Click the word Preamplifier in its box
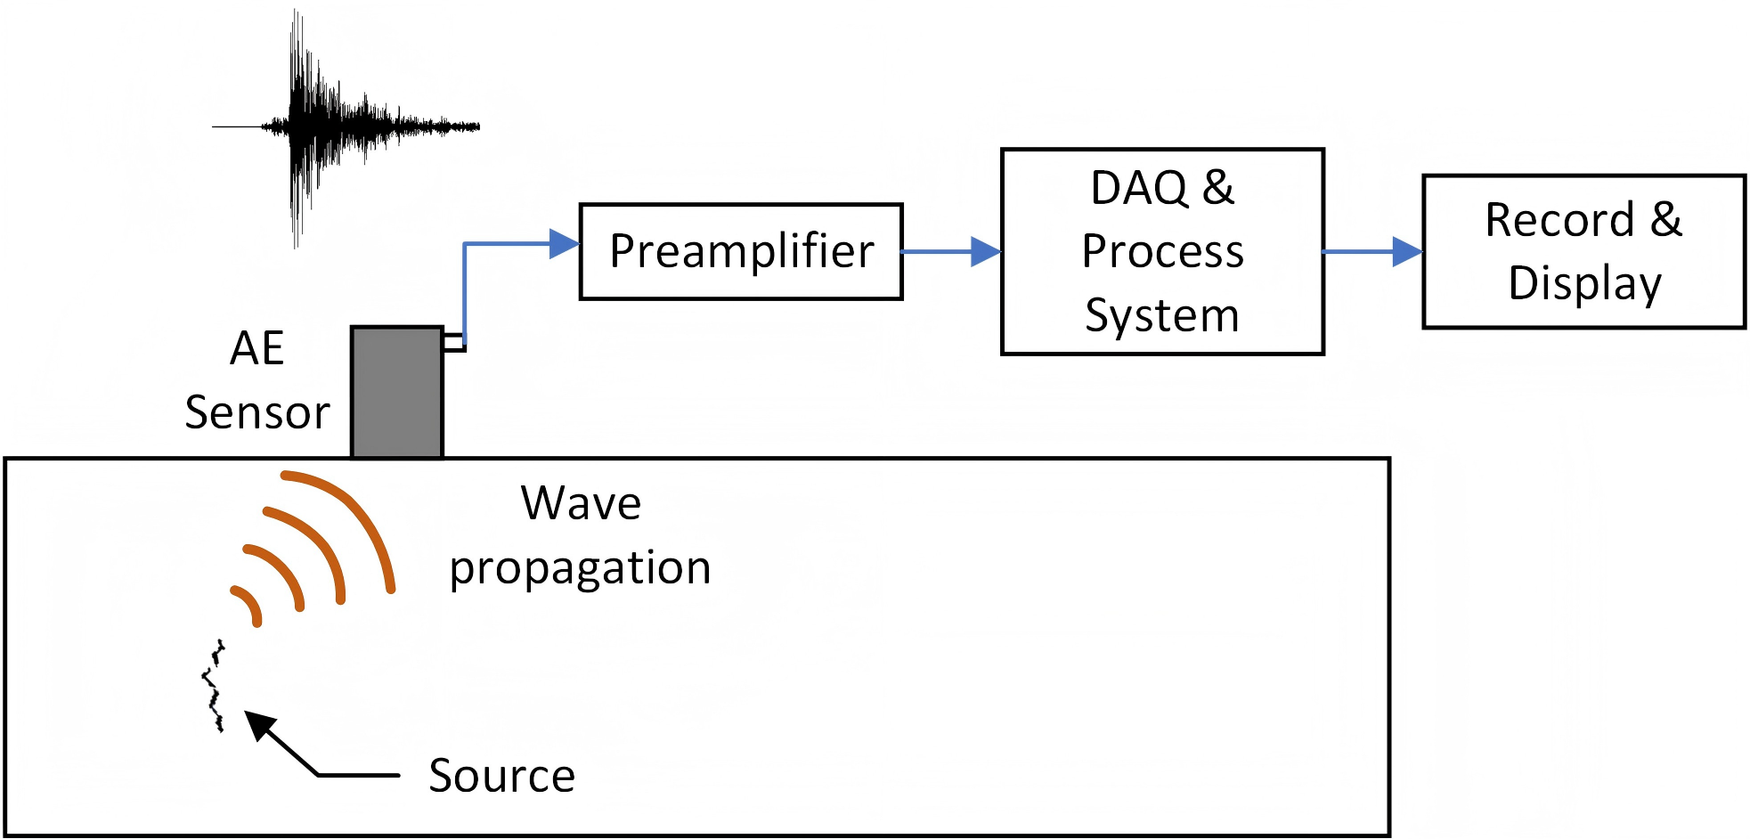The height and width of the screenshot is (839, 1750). [741, 251]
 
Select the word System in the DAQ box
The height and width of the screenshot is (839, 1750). [1161, 315]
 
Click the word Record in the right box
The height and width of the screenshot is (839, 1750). [1559, 220]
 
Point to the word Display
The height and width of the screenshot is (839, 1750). [1584, 283]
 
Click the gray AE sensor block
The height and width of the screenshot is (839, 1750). [396, 392]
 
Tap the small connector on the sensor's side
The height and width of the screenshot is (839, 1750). [453, 342]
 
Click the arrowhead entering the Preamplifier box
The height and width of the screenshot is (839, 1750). [564, 243]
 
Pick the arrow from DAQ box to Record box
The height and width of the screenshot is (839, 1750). [1372, 252]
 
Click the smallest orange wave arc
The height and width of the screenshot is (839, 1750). [248, 605]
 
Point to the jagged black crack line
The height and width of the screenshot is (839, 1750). [214, 686]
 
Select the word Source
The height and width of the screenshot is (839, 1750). [501, 776]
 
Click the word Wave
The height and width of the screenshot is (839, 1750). [581, 503]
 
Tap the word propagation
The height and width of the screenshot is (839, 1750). [580, 568]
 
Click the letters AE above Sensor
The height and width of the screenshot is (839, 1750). [256, 348]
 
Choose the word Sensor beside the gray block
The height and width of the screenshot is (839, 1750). [256, 412]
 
